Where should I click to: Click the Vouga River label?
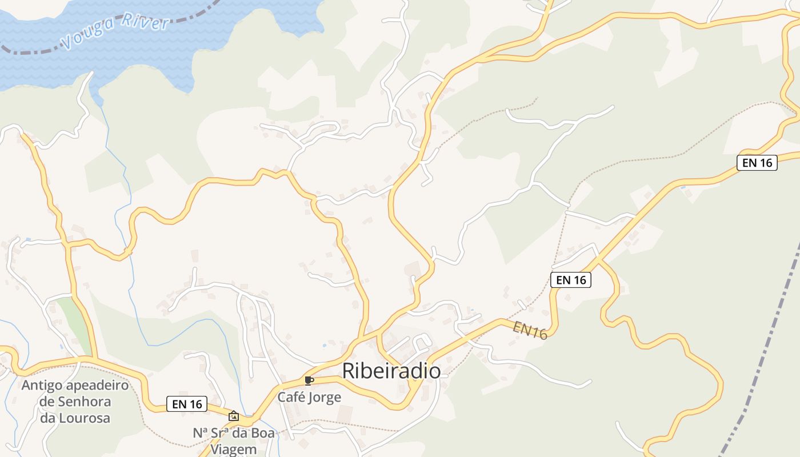click(115, 32)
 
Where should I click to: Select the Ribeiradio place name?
click(391, 371)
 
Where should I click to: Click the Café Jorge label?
click(309, 397)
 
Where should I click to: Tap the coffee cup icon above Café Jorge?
click(309, 381)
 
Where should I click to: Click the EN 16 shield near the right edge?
click(757, 163)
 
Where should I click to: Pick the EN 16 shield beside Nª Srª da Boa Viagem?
click(187, 404)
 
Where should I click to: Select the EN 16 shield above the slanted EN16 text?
click(571, 280)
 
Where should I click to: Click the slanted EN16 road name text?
click(530, 330)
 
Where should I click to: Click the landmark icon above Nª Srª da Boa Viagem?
click(233, 416)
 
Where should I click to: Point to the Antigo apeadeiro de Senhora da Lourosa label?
click(75, 402)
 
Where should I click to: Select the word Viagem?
click(234, 449)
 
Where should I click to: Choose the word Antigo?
click(42, 385)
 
